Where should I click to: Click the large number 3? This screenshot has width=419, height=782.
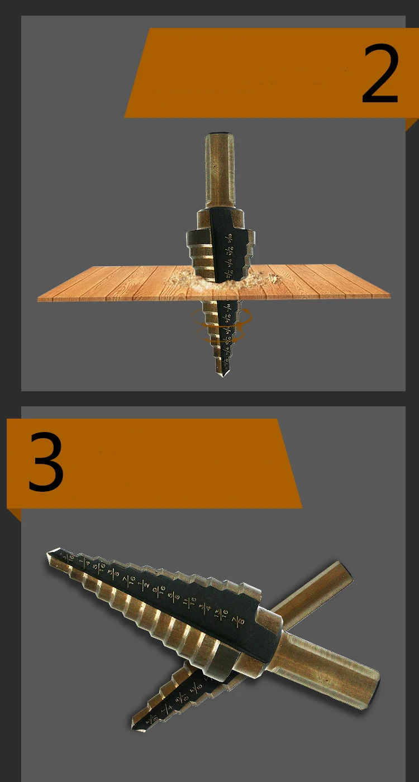(46, 463)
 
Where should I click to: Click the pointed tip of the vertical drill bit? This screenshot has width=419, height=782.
(222, 373)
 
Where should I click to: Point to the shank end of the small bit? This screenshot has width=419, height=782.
(344, 575)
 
